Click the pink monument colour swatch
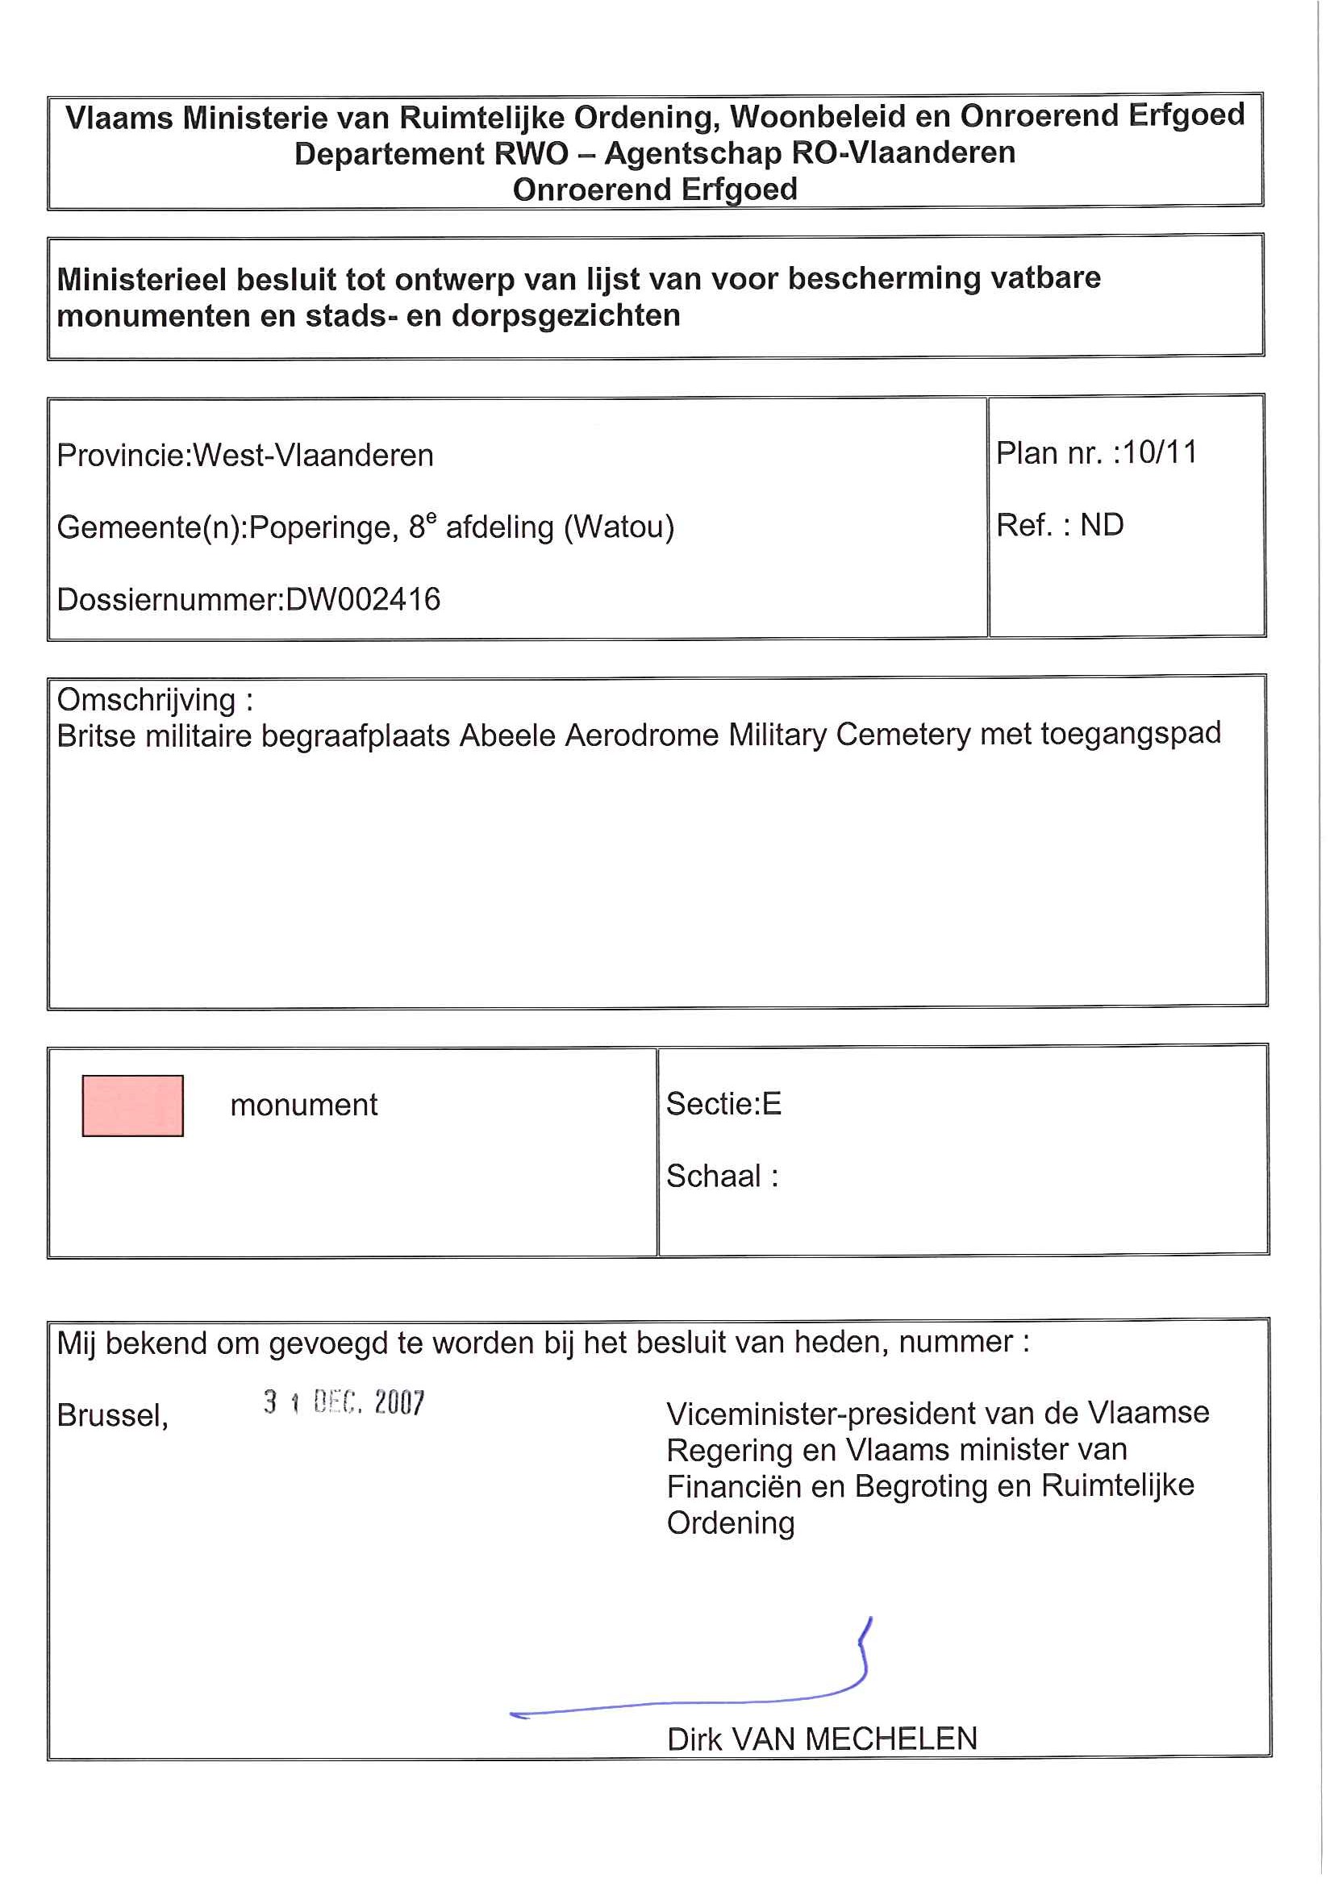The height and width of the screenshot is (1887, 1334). coord(132,1106)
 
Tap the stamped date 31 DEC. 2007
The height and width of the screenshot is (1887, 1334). coord(344,1402)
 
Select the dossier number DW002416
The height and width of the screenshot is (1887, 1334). coord(362,600)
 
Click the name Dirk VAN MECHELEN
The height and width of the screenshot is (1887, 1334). coord(822,1739)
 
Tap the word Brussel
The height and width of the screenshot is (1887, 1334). coord(112,1415)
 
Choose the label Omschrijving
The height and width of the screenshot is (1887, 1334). coord(146,700)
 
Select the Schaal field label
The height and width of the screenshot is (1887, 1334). coord(714,1176)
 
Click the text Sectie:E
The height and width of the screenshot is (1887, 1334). coord(723,1104)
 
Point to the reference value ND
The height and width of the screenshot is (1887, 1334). coord(1102,525)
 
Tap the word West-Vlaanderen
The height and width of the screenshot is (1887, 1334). coord(312,456)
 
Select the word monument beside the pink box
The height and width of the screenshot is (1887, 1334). coord(303,1106)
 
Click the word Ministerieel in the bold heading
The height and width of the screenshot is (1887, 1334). coord(141,280)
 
